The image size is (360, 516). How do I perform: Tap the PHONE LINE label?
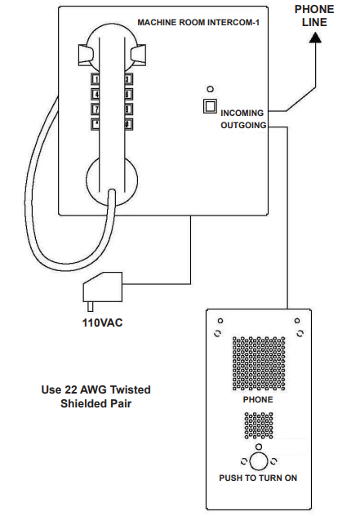click(x=314, y=16)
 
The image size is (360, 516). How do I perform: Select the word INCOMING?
click(x=242, y=113)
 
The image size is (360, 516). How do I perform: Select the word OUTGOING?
click(x=242, y=127)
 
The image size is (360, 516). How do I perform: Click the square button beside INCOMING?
click(x=211, y=106)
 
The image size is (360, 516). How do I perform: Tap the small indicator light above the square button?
click(x=211, y=88)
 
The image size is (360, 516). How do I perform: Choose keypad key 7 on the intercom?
click(x=96, y=109)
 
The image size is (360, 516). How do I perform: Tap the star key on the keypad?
click(x=96, y=123)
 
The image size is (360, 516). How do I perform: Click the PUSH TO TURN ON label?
click(x=258, y=478)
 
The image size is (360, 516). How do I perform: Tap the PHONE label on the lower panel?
click(x=258, y=400)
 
